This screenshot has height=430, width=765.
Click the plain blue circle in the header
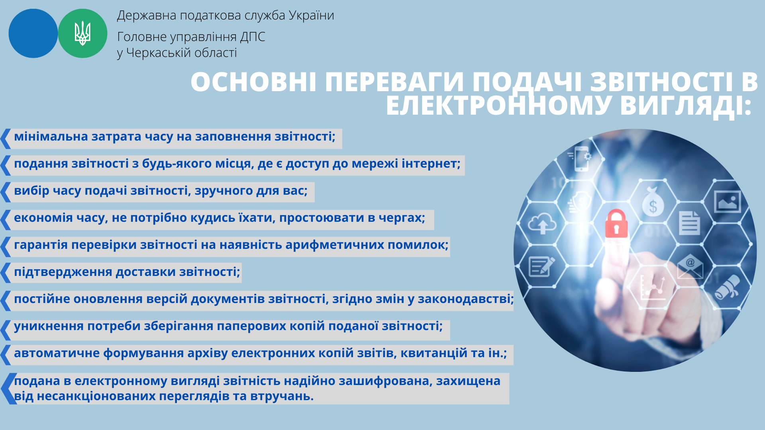pos(33,33)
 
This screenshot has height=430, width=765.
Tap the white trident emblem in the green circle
pos(82,33)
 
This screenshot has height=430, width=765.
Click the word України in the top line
pos(311,15)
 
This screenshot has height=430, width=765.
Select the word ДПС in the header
pos(253,37)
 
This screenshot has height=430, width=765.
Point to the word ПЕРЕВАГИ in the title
pos(394,82)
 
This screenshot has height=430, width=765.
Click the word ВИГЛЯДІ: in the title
pos(685,106)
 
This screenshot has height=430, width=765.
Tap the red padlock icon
pos(616,224)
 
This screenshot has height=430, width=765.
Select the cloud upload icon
pos(542,224)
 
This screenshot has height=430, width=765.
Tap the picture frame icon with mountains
pos(727,201)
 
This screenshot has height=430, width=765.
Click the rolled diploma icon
pos(727,287)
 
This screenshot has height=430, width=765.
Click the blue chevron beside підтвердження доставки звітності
pos(5,273)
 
